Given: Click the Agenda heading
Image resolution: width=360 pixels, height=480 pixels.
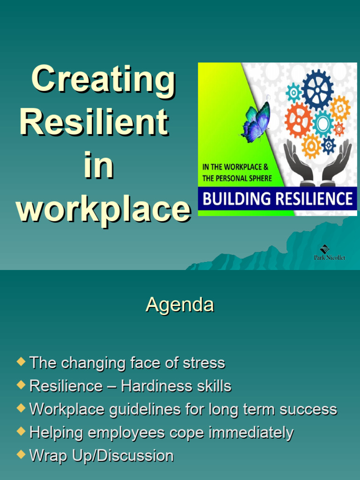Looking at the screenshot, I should point(180,305).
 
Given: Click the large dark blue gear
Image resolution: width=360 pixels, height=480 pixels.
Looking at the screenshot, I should point(317,90).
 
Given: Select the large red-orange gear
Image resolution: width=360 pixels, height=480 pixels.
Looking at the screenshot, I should point(298,120).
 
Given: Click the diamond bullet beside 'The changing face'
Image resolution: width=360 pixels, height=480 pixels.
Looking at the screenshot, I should point(20,361).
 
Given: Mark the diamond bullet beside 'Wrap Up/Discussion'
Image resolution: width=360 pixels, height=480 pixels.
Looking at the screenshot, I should point(20,454).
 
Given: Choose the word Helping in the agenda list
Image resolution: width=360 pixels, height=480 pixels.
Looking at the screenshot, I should point(56,433).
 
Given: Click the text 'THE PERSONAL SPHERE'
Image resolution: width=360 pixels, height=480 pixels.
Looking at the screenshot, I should point(237,179).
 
